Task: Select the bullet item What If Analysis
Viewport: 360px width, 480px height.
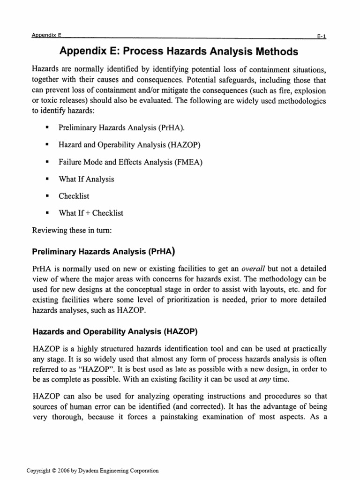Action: tap(86, 179)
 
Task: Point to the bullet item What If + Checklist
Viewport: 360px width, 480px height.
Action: tap(91, 213)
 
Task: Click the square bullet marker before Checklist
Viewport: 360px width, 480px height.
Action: tap(47, 196)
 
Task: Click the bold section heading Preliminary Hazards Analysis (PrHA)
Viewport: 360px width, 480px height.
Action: tap(104, 251)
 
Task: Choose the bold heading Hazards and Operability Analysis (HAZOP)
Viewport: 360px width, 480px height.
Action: tap(115, 331)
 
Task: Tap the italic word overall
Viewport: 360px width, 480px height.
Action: tap(254, 269)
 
